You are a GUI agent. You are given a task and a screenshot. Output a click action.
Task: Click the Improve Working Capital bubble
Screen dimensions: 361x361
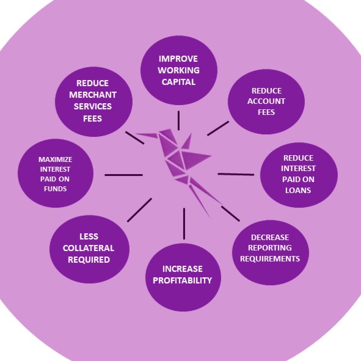pyautogui.click(x=179, y=70)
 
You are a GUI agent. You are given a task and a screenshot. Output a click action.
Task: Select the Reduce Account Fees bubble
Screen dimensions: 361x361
pyautogui.click(x=266, y=101)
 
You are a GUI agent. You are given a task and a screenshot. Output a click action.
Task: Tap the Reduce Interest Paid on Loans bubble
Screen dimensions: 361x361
pyautogui.click(x=299, y=175)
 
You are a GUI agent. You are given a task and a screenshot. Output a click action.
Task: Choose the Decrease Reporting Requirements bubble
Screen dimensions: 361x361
pyautogui.click(x=271, y=252)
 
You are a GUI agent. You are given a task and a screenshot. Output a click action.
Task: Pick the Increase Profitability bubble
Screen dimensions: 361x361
pyautogui.click(x=183, y=277)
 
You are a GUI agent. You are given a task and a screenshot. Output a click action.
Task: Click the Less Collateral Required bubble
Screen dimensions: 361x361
pyautogui.click(x=89, y=249)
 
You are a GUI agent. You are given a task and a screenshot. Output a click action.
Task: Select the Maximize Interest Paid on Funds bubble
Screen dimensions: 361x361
pyautogui.click(x=56, y=173)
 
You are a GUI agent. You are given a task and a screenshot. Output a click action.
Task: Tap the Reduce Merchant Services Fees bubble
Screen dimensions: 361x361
pyautogui.click(x=93, y=101)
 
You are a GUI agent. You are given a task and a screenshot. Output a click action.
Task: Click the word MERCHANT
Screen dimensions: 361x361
pyautogui.click(x=93, y=95)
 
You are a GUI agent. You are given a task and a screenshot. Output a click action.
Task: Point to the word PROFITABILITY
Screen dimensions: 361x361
pyautogui.click(x=183, y=280)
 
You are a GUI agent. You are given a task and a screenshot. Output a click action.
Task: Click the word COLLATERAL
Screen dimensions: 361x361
pyautogui.click(x=89, y=248)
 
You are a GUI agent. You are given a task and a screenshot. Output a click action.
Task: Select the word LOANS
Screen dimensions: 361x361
pyautogui.click(x=298, y=190)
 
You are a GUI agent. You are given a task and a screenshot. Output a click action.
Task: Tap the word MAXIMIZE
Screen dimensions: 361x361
pyautogui.click(x=55, y=159)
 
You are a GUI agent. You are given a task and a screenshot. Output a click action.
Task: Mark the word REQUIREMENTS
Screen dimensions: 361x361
pyautogui.click(x=270, y=259)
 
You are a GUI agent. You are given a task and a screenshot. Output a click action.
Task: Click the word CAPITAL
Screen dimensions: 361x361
pyautogui.click(x=178, y=82)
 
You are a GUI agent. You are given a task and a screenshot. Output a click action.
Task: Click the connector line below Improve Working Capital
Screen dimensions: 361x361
pyautogui.click(x=178, y=120)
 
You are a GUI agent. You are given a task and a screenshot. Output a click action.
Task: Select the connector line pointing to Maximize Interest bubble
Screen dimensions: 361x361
pyautogui.click(x=123, y=175)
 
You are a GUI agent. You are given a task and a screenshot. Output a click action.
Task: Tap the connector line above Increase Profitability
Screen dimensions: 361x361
pyautogui.click(x=184, y=224)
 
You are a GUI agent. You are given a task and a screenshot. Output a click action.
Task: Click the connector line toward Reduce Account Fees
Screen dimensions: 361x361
pyautogui.click(x=218, y=128)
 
